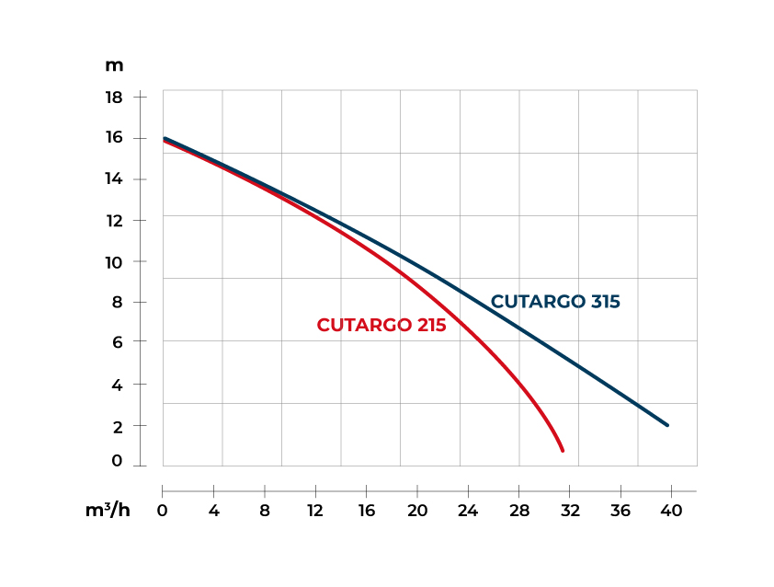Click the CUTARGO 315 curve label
[x=555, y=302]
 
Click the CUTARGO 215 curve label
[x=381, y=325]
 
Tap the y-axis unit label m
[x=114, y=65]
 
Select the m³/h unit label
[x=108, y=511]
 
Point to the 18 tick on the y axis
[x=114, y=97]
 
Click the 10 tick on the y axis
[x=114, y=262]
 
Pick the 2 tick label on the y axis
[x=118, y=426]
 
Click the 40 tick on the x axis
[x=670, y=511]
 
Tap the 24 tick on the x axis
[x=468, y=511]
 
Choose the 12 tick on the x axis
[x=315, y=511]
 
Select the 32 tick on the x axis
[x=569, y=511]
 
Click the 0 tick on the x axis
[x=163, y=511]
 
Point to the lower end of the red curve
[x=562, y=450]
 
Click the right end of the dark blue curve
[x=667, y=425]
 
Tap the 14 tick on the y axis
[x=114, y=178]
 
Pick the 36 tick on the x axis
[x=620, y=511]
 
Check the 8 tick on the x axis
[x=265, y=511]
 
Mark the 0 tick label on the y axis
[x=118, y=462]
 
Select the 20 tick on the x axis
[x=417, y=511]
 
